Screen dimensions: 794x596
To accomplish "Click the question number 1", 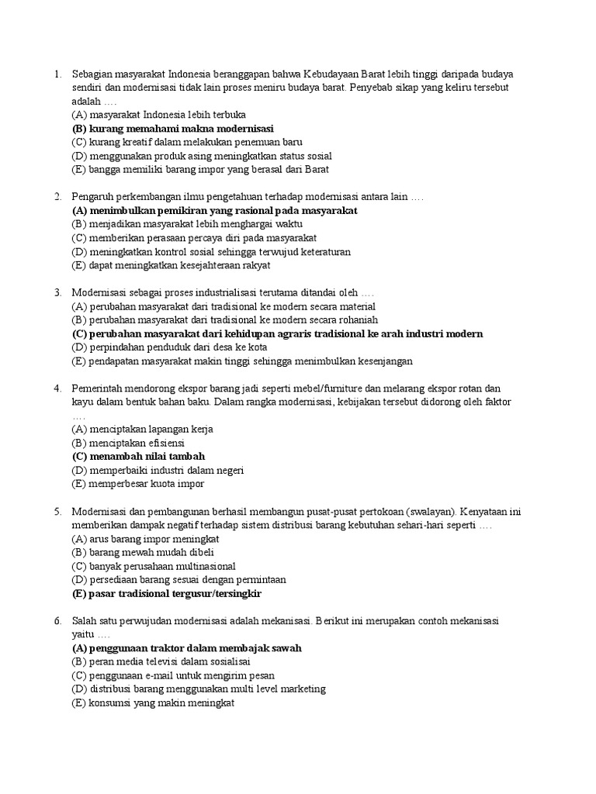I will pos(57,74).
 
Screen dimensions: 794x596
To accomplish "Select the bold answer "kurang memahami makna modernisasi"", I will pos(172,129).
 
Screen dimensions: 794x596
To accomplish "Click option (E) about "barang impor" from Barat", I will pos(200,170).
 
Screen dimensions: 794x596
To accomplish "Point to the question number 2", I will pos(57,197).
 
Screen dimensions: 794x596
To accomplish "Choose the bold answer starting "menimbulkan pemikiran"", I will pos(215,211).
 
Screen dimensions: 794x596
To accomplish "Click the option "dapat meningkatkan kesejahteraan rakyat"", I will pos(171,265).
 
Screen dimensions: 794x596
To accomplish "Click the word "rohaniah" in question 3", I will pos(357,320).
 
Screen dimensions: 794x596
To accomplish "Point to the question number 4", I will pos(57,388).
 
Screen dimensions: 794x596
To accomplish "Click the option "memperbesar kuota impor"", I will pos(137,484).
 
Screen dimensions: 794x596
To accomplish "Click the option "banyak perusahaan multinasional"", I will pos(153,566).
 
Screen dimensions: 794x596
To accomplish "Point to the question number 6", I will pos(57,621).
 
